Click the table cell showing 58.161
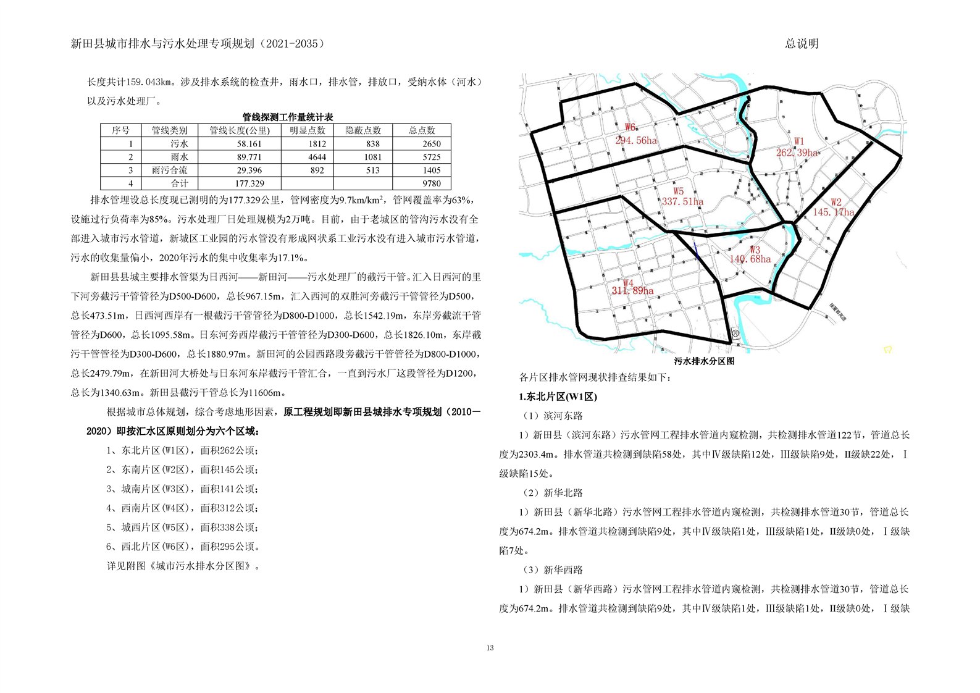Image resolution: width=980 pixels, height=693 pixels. [249, 144]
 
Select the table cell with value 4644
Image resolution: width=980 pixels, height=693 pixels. [317, 157]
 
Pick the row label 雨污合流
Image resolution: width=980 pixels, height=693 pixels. [169, 170]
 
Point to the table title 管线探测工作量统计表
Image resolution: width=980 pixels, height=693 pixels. [288, 117]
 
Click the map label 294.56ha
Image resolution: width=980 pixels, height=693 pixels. [636, 141]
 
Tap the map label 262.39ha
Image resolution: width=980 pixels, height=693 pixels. [797, 153]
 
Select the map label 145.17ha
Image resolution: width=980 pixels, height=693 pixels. [833, 212]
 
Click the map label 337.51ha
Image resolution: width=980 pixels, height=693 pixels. [682, 202]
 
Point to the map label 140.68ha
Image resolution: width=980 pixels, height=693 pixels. [750, 259]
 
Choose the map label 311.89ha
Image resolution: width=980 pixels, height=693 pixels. [632, 291]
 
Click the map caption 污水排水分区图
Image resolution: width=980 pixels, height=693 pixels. [704, 361]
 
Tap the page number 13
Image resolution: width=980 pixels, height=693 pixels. [490, 648]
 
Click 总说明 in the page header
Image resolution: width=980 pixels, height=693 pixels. [802, 44]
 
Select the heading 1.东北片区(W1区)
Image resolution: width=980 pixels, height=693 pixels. [558, 397]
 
